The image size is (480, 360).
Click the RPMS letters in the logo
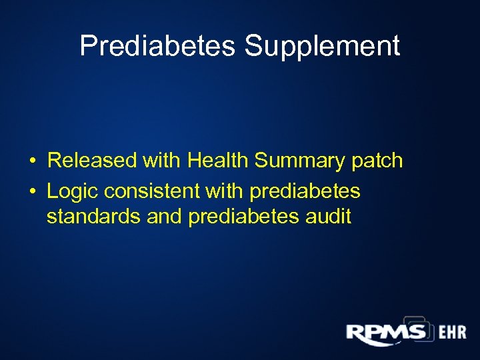[385, 331]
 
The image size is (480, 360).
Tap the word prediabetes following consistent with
[305, 193]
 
